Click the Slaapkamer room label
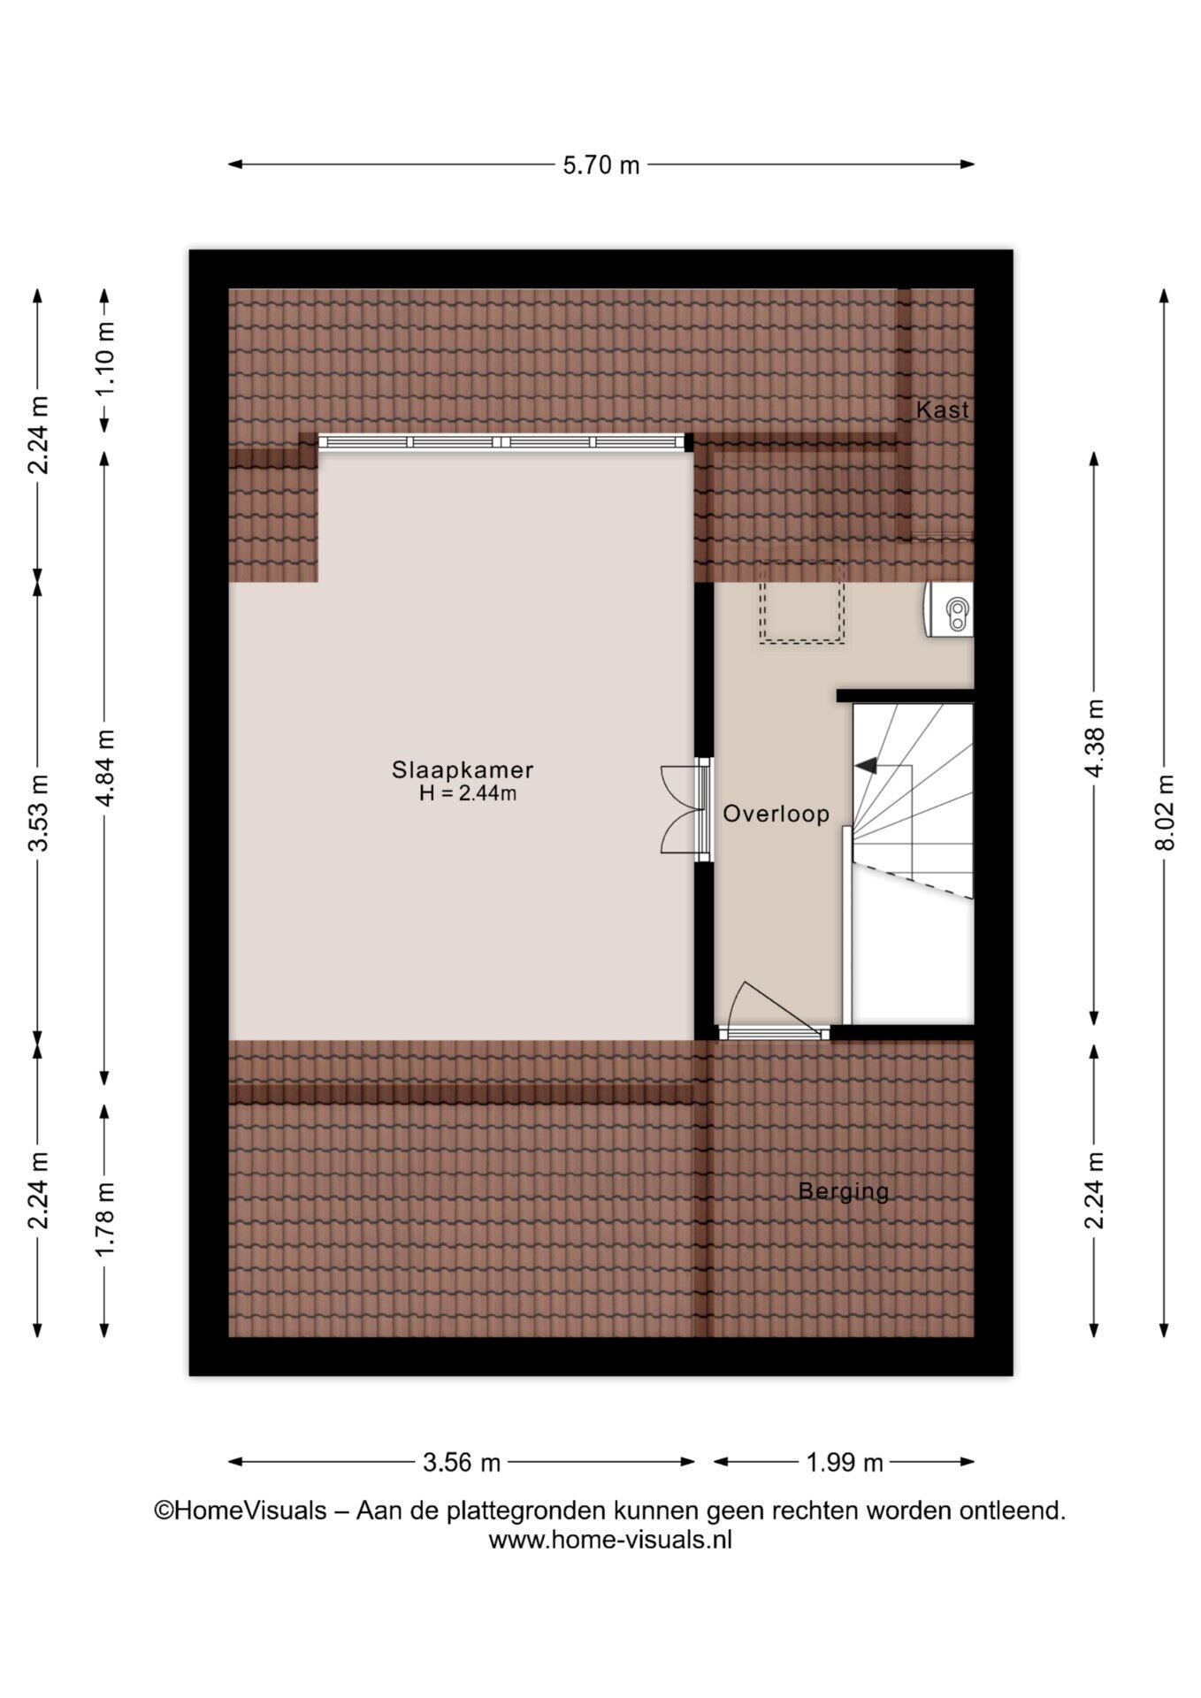(x=463, y=771)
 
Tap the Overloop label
(x=776, y=814)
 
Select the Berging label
(x=843, y=1191)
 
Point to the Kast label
(x=942, y=409)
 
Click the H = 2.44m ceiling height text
(x=468, y=793)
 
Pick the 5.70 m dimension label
(x=601, y=165)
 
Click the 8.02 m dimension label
(x=1165, y=813)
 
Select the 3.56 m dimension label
(x=462, y=1463)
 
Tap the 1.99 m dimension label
(x=845, y=1463)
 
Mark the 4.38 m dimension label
(x=1094, y=738)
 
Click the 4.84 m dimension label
(x=104, y=768)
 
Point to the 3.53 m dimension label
(x=38, y=812)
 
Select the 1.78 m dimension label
(x=104, y=1219)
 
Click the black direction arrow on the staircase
(x=866, y=765)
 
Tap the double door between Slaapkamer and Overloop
(x=686, y=809)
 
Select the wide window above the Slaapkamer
(x=502, y=442)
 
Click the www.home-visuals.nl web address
(x=610, y=1540)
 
